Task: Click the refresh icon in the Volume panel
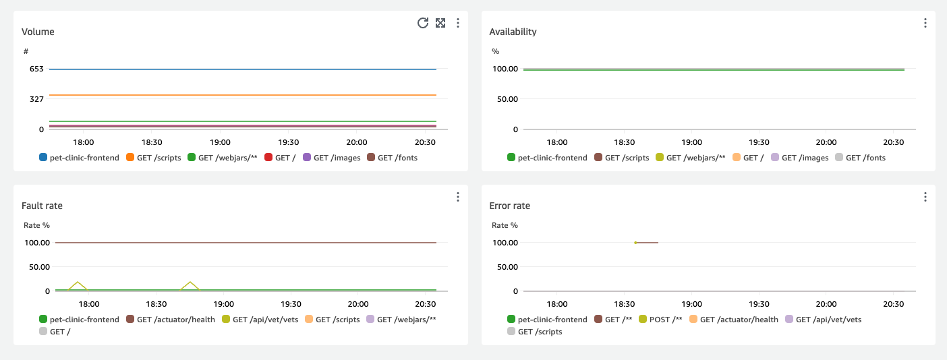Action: tap(423, 23)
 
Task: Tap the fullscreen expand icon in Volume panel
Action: tap(440, 23)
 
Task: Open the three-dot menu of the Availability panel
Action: tap(925, 23)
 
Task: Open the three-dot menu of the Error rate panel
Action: tap(925, 197)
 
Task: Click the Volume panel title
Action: tap(38, 32)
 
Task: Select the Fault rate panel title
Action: tap(42, 206)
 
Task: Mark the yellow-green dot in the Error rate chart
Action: tap(635, 243)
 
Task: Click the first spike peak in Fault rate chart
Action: tap(78, 282)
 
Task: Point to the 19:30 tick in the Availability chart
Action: tap(759, 143)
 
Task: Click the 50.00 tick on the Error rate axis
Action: tap(505, 267)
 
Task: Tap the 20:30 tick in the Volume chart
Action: tap(424, 143)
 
